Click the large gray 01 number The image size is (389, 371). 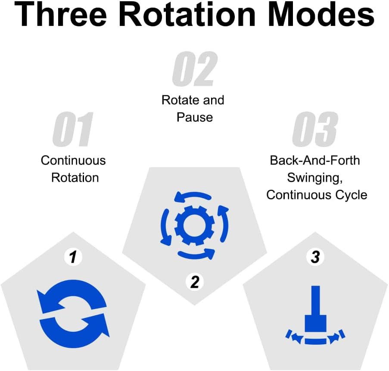click(73, 130)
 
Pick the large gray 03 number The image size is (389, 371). click(315, 130)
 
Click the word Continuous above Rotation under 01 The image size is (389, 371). click(73, 161)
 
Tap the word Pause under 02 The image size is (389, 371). click(195, 117)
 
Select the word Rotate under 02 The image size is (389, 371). click(177, 100)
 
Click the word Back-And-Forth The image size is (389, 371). click(315, 161)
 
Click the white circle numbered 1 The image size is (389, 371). click(73, 257)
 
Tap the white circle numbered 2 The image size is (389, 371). click(195, 282)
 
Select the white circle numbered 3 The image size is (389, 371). click(315, 257)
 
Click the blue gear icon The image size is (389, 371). click(195, 224)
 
